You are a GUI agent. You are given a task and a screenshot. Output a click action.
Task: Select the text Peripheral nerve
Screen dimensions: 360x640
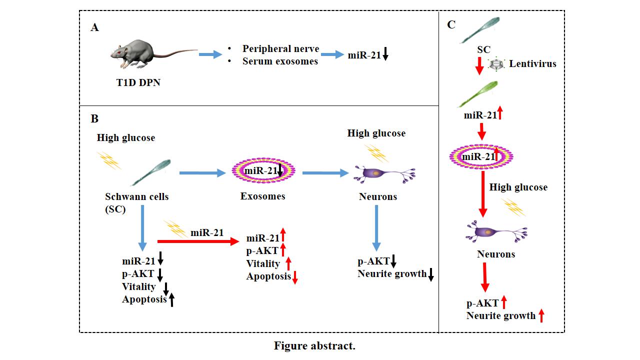280,49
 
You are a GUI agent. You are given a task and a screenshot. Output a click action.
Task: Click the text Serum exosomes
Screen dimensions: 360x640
280,61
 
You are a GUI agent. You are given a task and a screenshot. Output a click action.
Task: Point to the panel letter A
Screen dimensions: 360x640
94,28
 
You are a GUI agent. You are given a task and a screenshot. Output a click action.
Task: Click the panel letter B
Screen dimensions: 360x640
94,119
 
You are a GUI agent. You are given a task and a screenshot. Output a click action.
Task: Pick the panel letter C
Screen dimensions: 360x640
451,24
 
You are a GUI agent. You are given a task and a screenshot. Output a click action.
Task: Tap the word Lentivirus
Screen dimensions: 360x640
532,64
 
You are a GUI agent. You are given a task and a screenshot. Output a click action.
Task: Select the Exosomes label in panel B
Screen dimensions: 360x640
262,196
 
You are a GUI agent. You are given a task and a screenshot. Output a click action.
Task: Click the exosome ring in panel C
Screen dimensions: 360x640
481,156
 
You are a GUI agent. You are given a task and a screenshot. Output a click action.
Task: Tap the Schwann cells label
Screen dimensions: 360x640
137,197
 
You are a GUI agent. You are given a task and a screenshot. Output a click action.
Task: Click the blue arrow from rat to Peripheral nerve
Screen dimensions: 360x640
210,54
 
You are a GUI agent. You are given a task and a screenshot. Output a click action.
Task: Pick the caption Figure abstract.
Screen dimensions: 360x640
314,346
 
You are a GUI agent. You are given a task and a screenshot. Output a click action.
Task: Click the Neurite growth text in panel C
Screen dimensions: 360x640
500,316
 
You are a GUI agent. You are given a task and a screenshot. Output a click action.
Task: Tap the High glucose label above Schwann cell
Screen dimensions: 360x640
126,138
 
